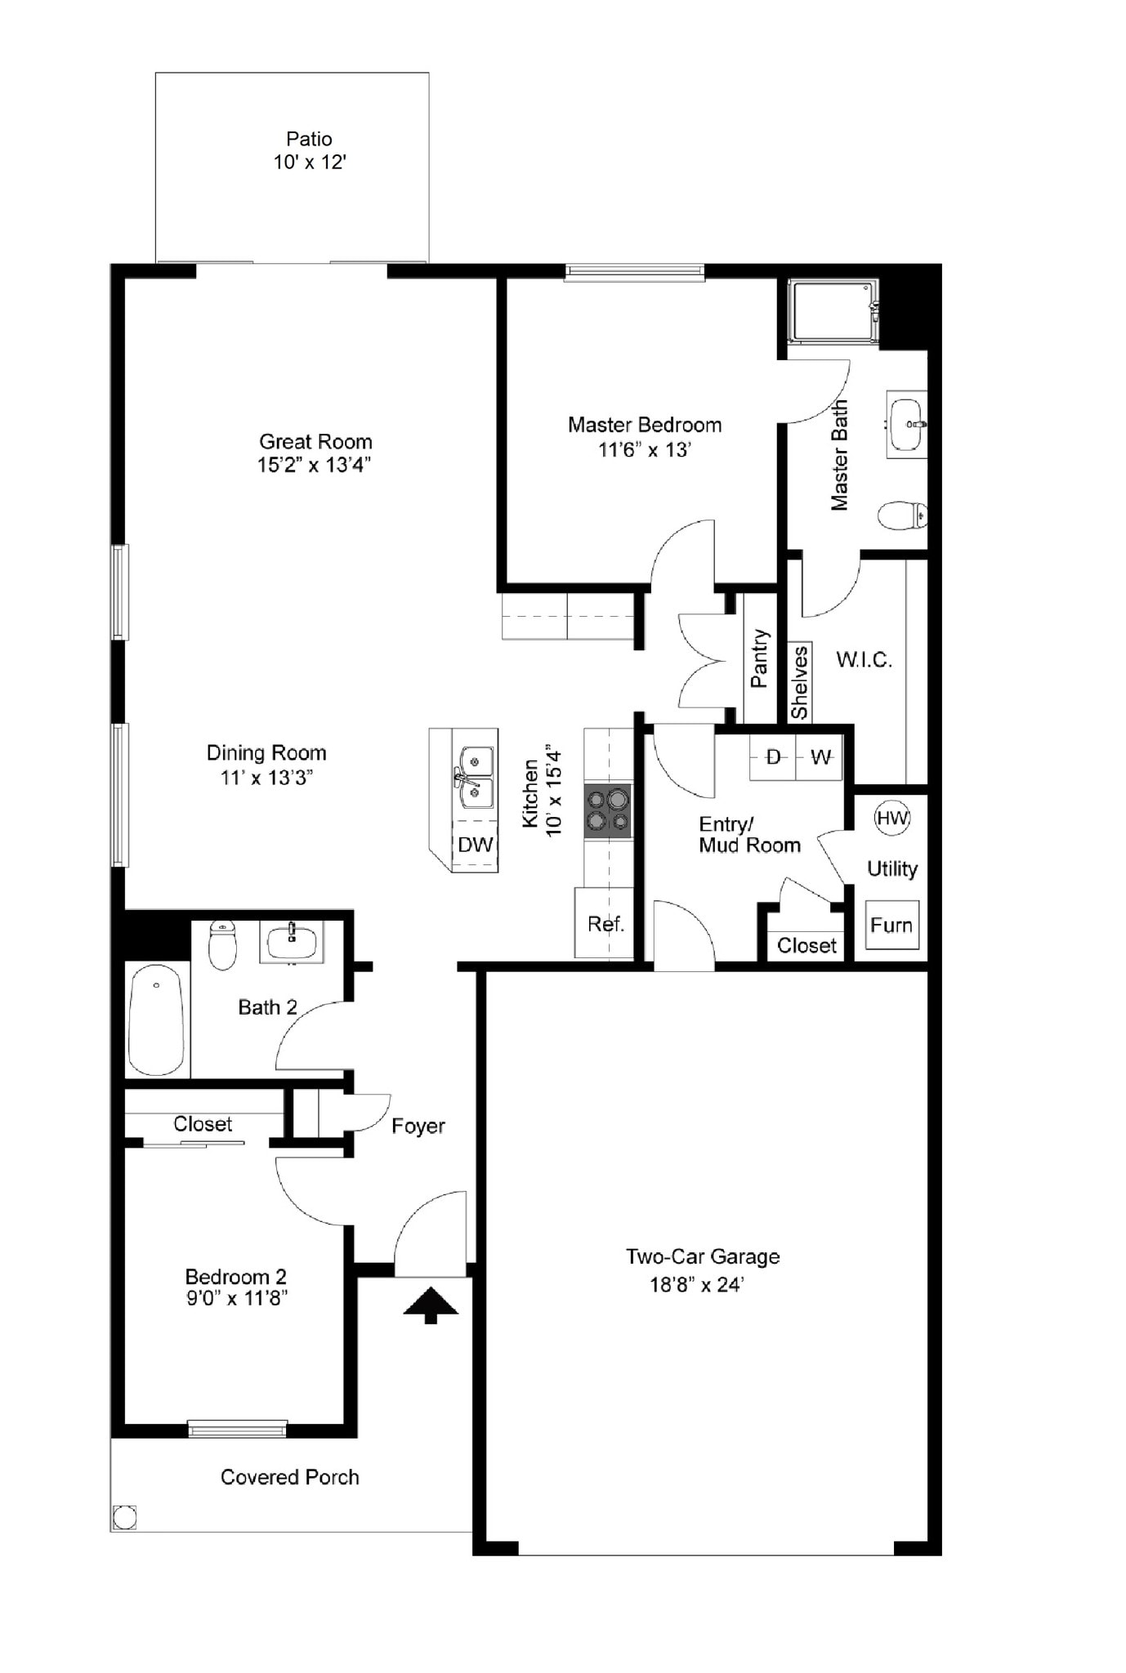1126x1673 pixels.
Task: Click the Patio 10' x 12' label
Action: tap(309, 150)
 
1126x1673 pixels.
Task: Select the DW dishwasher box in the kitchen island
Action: tap(476, 845)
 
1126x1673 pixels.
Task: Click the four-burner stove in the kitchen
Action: tap(608, 810)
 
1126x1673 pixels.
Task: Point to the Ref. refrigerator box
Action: tap(605, 924)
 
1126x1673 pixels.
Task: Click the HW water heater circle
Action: tap(891, 818)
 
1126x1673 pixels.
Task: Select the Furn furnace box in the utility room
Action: tap(891, 925)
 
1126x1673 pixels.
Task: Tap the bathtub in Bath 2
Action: tap(157, 1020)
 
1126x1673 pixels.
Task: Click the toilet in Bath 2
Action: tap(222, 945)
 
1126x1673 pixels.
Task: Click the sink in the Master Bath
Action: tap(906, 424)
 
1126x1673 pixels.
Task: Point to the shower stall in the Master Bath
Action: tap(833, 311)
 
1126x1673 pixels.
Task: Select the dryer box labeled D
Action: tap(773, 758)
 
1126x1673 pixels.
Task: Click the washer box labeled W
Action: tap(820, 758)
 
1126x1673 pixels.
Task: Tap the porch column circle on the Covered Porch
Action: tap(124, 1518)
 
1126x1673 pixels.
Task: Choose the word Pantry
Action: tap(759, 658)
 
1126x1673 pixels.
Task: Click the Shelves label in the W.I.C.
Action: tap(799, 682)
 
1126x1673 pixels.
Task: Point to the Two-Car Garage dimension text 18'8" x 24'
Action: tap(696, 1285)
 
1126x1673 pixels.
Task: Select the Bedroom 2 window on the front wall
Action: tap(237, 1429)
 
